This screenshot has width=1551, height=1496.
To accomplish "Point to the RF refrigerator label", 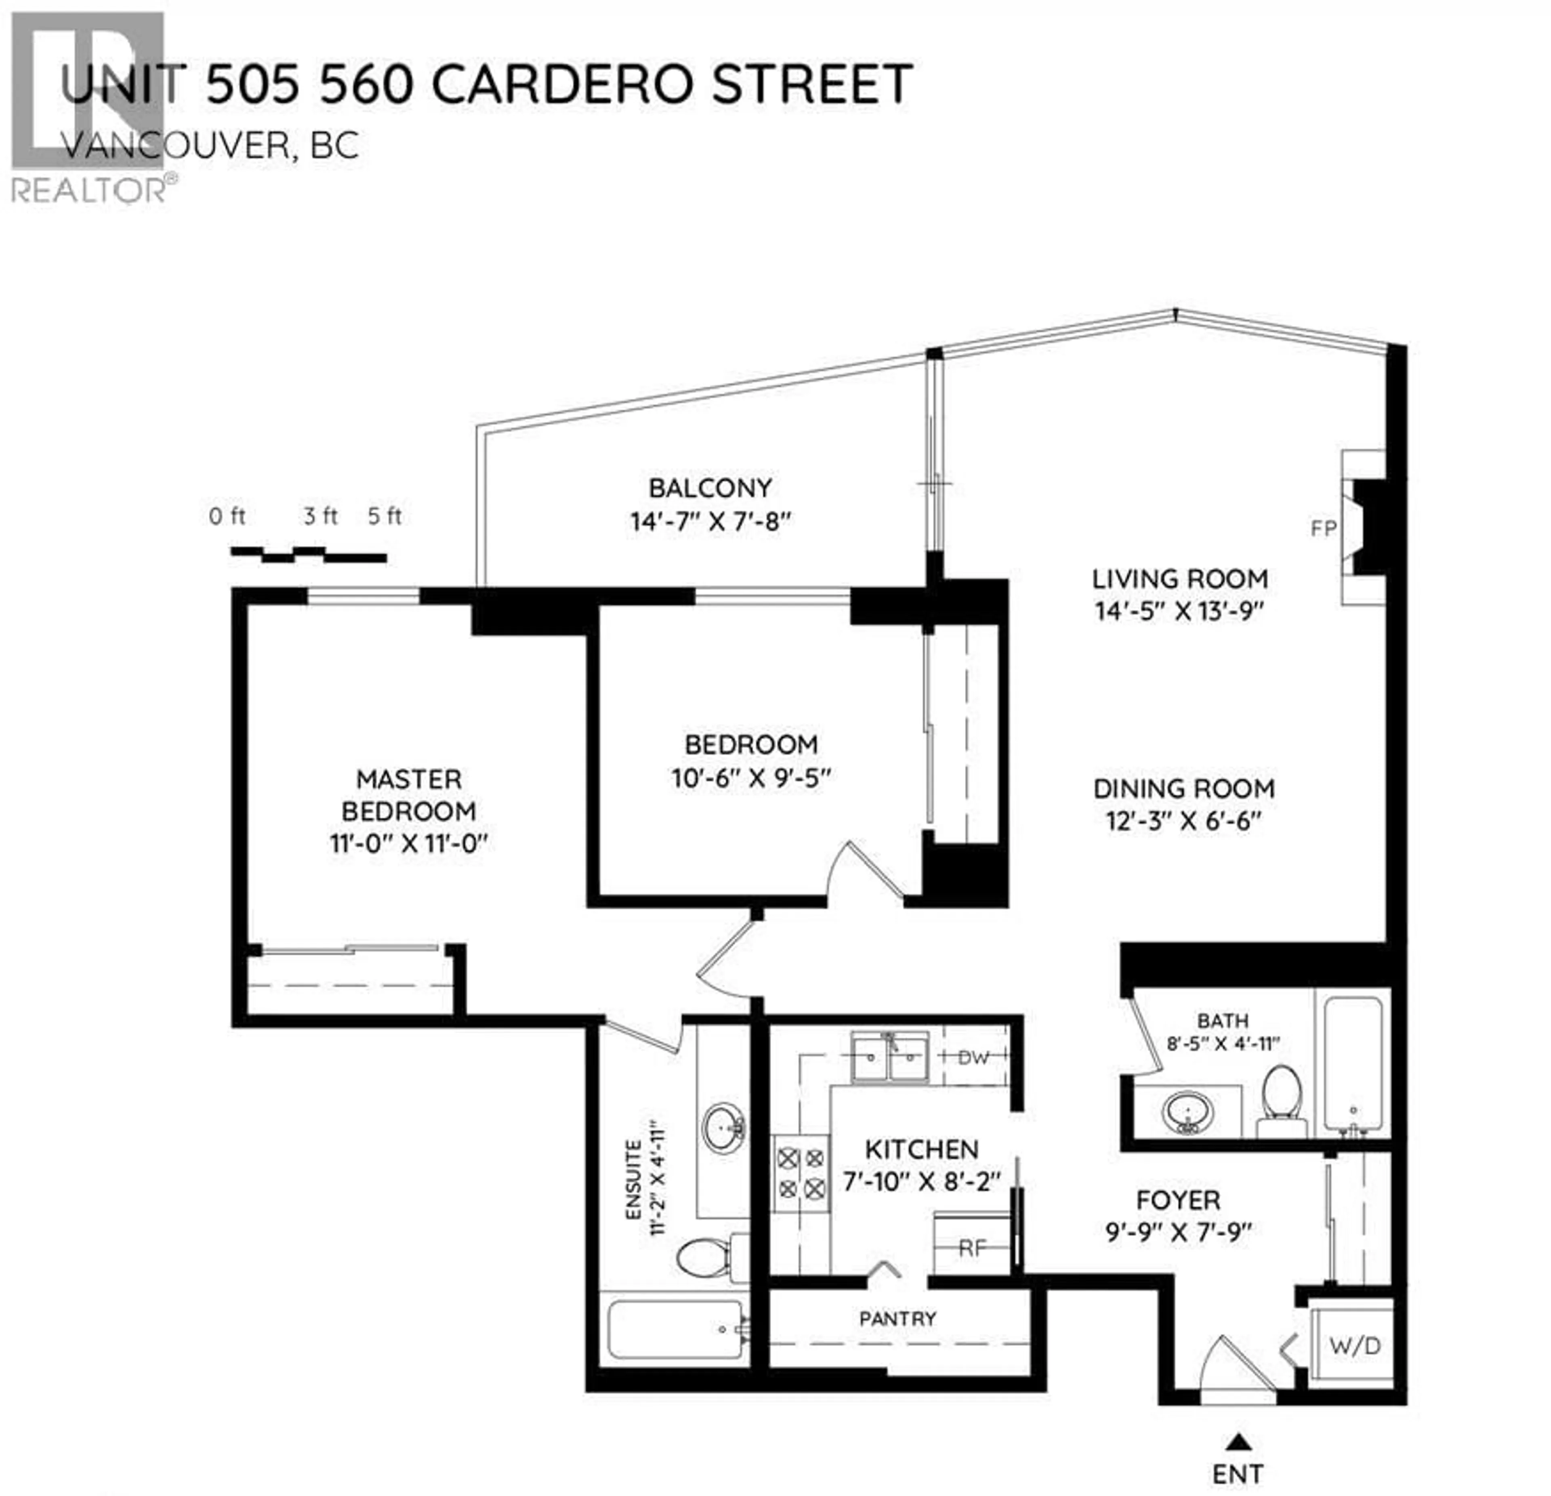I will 972,1248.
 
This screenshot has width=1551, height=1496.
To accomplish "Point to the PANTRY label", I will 897,1319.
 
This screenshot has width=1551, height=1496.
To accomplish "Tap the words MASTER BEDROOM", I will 408,795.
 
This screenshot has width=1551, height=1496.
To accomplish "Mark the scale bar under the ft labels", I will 309,554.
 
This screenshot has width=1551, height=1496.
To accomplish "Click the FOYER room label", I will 1177,1200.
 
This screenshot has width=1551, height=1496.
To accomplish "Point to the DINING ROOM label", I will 1184,789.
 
